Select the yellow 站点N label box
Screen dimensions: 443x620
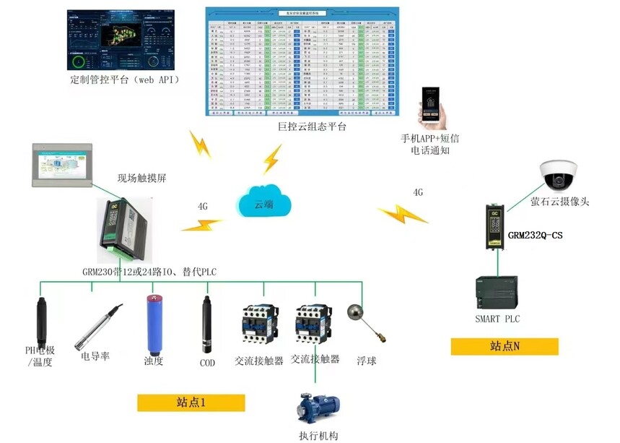pos(505,346)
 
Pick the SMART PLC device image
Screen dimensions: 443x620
pos(497,292)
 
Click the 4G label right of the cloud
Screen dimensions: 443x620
pos(418,193)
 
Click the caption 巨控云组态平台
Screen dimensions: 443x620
pos(312,127)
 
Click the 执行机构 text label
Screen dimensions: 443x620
pos(318,435)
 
